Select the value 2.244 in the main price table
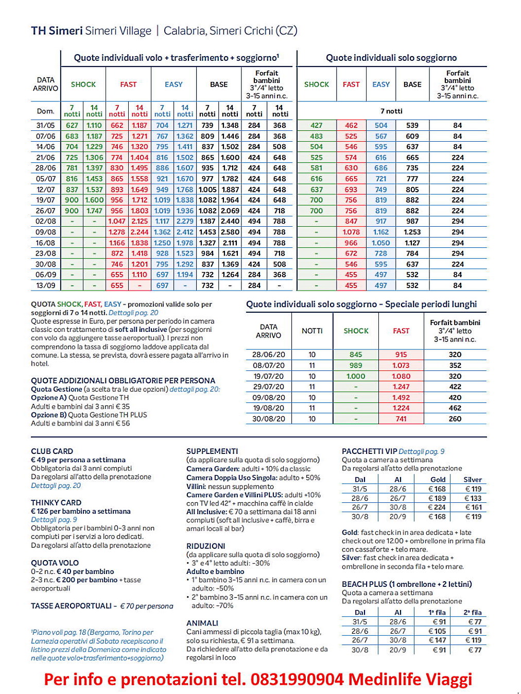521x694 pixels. point(140,232)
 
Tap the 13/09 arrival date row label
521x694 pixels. point(45,285)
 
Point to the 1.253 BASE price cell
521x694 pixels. point(412,232)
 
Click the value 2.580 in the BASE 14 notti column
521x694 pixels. point(230,232)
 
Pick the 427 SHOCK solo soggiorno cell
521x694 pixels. point(316,125)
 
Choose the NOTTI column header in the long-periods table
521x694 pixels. point(312,331)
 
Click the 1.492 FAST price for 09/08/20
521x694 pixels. point(401,397)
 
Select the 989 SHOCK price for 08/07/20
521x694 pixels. point(356,365)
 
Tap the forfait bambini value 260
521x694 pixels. point(455,419)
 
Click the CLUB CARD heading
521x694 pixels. point(52,451)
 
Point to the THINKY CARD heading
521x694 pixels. point(56,502)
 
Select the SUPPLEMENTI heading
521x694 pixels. point(212,451)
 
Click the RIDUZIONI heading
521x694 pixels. point(206,546)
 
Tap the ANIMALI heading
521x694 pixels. point(202,623)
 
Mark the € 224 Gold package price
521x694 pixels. point(437,507)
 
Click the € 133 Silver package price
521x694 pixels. point(473,498)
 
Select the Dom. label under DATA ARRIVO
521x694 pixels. point(45,111)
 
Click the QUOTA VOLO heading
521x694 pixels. point(55,563)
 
